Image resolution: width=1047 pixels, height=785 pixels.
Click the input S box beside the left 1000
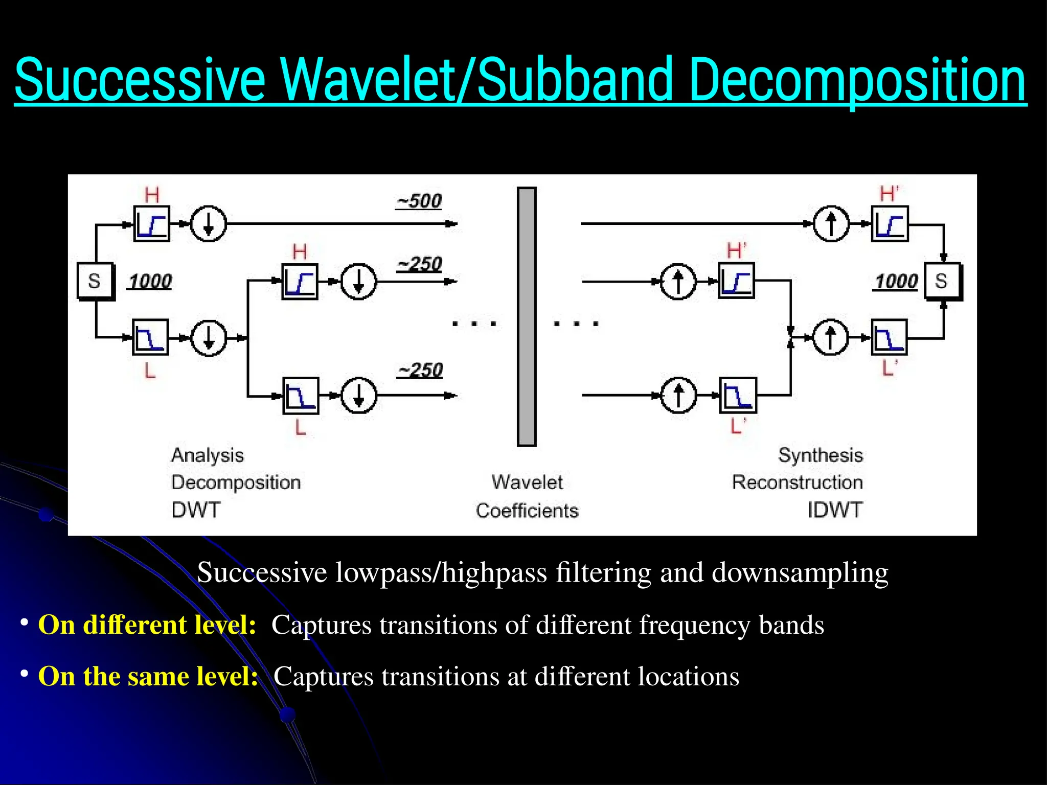(x=95, y=281)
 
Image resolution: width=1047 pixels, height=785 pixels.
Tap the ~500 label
(x=419, y=201)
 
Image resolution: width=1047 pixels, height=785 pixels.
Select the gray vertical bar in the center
(x=527, y=317)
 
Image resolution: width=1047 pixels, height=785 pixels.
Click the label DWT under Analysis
(x=196, y=510)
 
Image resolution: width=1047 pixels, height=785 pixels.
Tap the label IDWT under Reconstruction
(x=835, y=510)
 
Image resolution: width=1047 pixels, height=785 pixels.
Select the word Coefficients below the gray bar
(x=527, y=511)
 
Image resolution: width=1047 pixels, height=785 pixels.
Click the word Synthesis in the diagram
(x=820, y=455)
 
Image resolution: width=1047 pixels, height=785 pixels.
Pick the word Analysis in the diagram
(x=208, y=455)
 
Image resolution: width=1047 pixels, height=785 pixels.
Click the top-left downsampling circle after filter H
(x=208, y=224)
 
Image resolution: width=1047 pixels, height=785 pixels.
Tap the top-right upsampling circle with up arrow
(x=831, y=224)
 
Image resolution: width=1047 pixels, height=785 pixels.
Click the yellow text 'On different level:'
(x=147, y=625)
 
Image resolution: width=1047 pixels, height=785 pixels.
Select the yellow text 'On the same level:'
(x=148, y=676)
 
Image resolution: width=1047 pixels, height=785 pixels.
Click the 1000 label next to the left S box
(x=150, y=282)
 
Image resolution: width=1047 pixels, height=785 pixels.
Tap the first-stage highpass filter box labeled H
(x=152, y=224)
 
